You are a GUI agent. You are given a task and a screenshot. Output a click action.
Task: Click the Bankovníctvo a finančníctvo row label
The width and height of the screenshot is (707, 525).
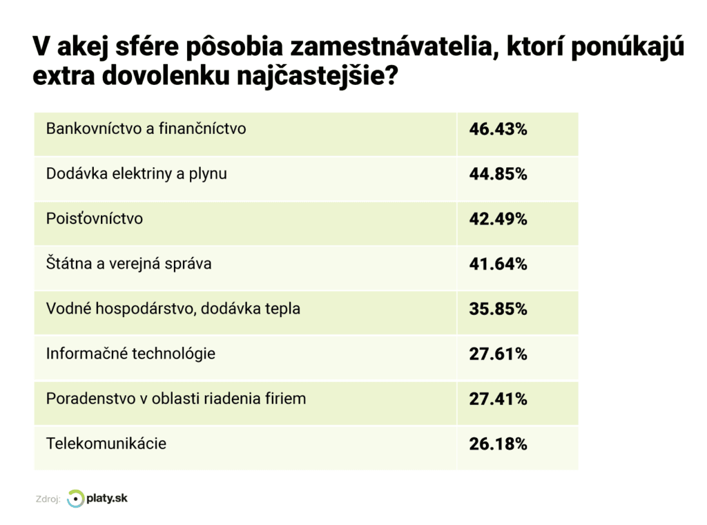pyautogui.click(x=146, y=128)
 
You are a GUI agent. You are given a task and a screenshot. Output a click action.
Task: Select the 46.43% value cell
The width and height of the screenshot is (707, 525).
pyautogui.click(x=498, y=129)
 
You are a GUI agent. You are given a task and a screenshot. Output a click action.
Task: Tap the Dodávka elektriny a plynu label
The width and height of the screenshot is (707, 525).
pyautogui.click(x=136, y=173)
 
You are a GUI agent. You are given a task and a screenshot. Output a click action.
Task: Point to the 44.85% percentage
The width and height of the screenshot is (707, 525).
pyautogui.click(x=498, y=174)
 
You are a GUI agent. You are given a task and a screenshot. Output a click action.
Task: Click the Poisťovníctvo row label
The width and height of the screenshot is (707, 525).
pyautogui.click(x=95, y=218)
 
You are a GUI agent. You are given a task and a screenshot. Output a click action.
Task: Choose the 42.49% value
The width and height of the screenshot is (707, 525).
pyautogui.click(x=498, y=219)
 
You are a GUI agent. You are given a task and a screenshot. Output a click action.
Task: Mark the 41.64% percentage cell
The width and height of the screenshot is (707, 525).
pyautogui.click(x=498, y=264)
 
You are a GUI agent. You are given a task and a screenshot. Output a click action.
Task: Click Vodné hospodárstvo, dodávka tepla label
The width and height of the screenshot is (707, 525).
pyautogui.click(x=173, y=309)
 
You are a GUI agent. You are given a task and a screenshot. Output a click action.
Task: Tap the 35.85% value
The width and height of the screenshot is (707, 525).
pyautogui.click(x=498, y=309)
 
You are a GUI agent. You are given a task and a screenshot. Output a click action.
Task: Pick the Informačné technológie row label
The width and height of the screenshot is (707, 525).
pyautogui.click(x=130, y=354)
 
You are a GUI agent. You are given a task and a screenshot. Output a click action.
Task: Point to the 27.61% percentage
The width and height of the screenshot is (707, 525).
pyautogui.click(x=498, y=354)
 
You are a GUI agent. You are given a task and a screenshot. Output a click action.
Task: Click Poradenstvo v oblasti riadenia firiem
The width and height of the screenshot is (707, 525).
pyautogui.click(x=175, y=399)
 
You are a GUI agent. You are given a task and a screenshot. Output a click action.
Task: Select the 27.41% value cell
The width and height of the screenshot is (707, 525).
pyautogui.click(x=498, y=399)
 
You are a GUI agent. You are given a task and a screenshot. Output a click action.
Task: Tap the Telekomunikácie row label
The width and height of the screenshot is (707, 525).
pyautogui.click(x=106, y=443)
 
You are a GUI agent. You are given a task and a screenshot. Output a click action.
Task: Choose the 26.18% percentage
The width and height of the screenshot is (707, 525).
pyautogui.click(x=498, y=444)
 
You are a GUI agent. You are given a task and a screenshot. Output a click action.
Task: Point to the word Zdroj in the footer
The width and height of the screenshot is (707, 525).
pyautogui.click(x=47, y=499)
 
